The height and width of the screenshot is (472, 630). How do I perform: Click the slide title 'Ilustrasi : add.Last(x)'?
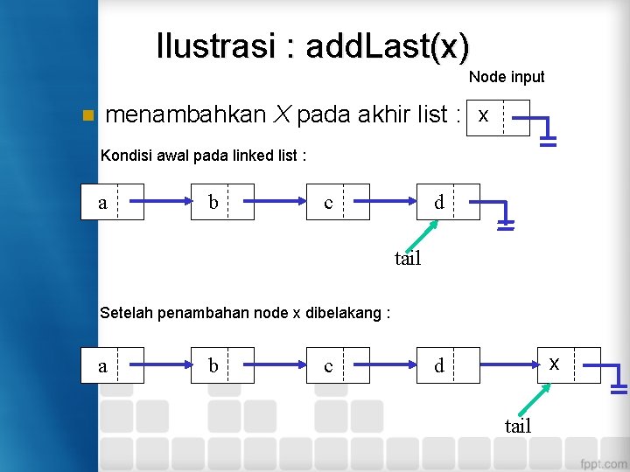(312, 46)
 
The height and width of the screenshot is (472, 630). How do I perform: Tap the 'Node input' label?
(506, 77)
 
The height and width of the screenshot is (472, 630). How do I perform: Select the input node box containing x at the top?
(499, 117)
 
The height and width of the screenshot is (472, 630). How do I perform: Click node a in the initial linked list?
(112, 202)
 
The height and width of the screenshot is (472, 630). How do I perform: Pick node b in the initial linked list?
(222, 202)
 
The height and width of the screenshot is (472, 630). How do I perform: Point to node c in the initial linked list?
(337, 202)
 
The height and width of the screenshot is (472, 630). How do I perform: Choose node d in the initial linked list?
(449, 202)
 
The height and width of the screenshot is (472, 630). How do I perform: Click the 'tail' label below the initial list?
(408, 258)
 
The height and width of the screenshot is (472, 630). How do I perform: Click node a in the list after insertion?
(112, 365)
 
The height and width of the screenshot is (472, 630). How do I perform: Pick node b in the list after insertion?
(222, 365)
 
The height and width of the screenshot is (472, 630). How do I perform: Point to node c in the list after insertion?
(337, 365)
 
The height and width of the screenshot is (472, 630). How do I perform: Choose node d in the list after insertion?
(449, 365)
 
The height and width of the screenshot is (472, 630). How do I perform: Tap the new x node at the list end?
(568, 364)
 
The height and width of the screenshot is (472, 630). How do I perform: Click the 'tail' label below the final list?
(518, 426)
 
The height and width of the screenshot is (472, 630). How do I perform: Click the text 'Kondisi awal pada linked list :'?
(204, 156)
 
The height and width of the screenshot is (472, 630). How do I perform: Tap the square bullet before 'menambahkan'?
(86, 115)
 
